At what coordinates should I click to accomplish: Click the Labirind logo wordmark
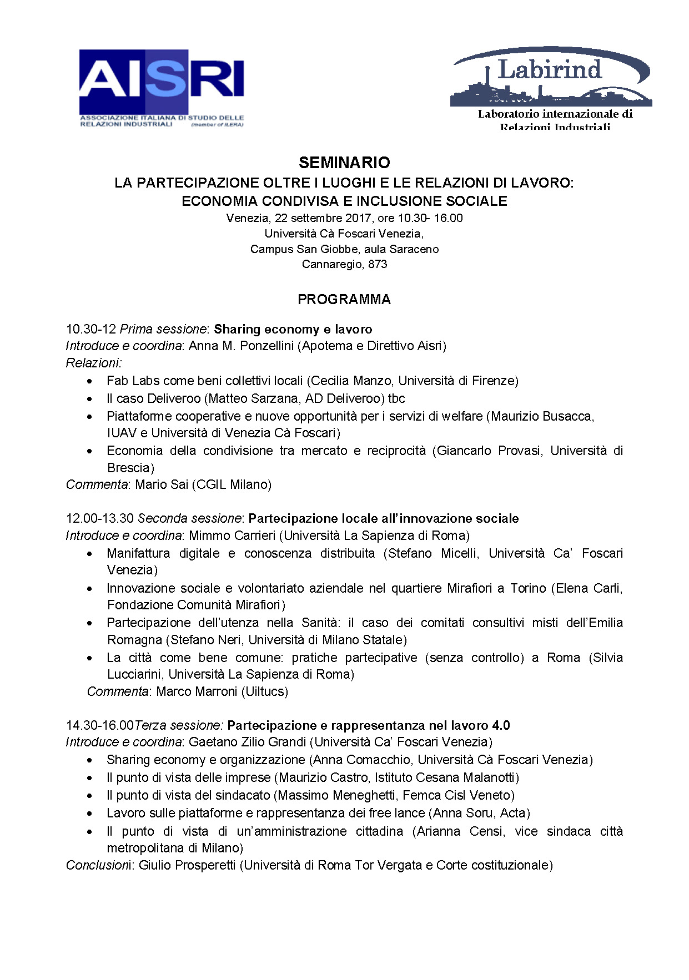[549, 70]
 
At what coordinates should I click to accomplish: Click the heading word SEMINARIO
[344, 163]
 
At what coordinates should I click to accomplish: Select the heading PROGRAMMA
[344, 300]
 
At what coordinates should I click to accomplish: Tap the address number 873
[378, 264]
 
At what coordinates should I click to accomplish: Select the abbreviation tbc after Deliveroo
[396, 399]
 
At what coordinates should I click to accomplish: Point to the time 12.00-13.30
[100, 519]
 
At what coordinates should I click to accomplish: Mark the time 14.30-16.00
[100, 726]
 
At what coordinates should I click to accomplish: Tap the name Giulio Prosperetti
[187, 866]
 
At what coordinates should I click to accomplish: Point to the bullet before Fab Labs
[89, 382]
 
